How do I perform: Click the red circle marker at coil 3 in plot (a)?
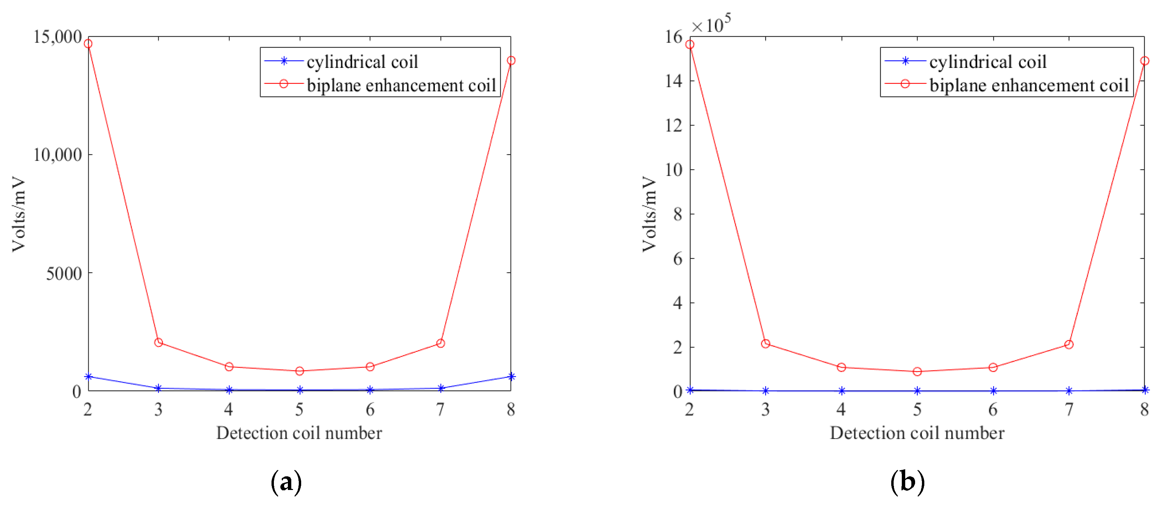159,343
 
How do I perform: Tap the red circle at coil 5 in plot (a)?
299,371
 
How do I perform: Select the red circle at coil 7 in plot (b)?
1069,344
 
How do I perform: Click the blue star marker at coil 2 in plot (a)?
88,376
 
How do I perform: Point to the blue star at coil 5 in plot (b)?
917,391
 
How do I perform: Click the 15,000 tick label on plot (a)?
58,37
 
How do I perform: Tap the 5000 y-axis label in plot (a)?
64,273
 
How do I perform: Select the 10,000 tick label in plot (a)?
58,155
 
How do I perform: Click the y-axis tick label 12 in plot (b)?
674,125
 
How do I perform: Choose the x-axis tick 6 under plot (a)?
370,409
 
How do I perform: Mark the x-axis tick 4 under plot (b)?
841,409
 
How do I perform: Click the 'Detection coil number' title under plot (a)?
299,433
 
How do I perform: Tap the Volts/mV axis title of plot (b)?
649,214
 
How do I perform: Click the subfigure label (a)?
287,482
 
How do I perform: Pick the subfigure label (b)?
907,482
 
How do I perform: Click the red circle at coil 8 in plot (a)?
511,60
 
